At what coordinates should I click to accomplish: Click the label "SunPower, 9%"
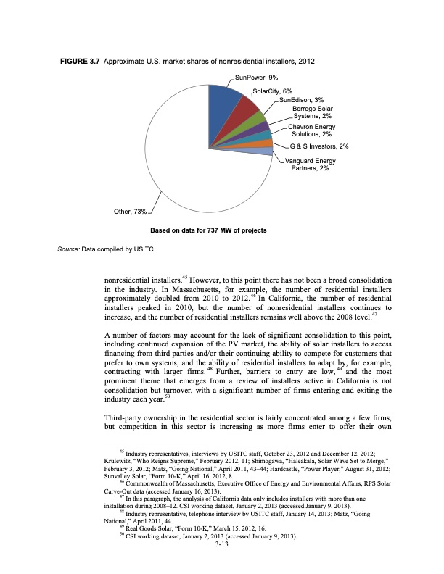pyautogui.click(x=257, y=76)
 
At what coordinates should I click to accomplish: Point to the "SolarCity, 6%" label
pyautogui.click(x=272, y=91)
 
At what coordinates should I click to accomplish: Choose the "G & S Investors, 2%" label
pyautogui.click(x=314, y=147)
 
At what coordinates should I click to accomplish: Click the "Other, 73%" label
pyautogui.click(x=131, y=212)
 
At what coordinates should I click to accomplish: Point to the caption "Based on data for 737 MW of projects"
pyautogui.click(x=207, y=230)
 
